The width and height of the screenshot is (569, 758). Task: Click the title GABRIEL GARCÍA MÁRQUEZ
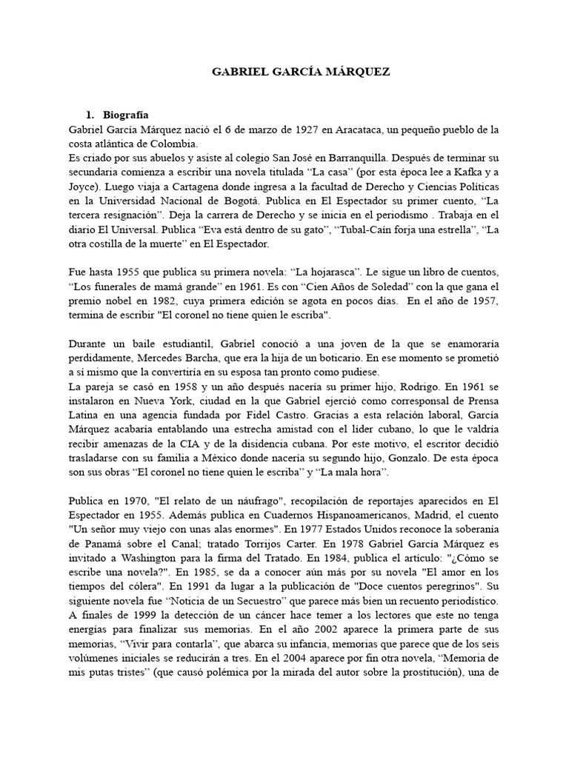(300, 72)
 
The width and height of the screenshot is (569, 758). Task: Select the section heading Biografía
(127, 115)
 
